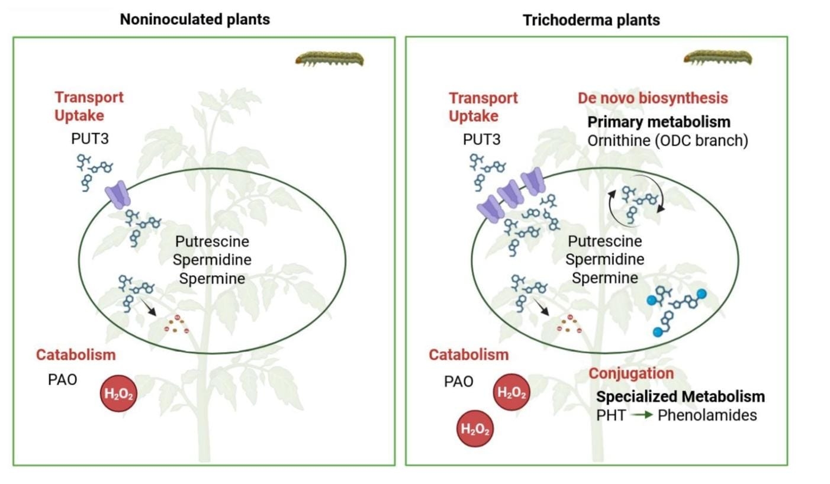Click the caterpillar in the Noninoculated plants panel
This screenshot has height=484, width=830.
click(x=330, y=59)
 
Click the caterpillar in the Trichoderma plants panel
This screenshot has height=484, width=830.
click(x=718, y=59)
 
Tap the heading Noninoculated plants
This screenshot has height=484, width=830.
click(x=195, y=20)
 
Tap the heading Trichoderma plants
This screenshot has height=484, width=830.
click(x=591, y=20)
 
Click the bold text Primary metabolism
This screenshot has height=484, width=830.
click(x=659, y=122)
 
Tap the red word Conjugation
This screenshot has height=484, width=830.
click(x=631, y=374)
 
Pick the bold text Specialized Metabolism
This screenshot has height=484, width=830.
click(x=681, y=396)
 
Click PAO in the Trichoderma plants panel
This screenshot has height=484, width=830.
click(x=459, y=381)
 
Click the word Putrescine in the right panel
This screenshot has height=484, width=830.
click(x=605, y=241)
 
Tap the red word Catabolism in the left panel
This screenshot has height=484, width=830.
click(x=76, y=355)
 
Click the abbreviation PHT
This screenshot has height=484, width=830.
click(x=609, y=415)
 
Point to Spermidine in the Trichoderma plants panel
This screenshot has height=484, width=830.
click(x=605, y=259)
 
